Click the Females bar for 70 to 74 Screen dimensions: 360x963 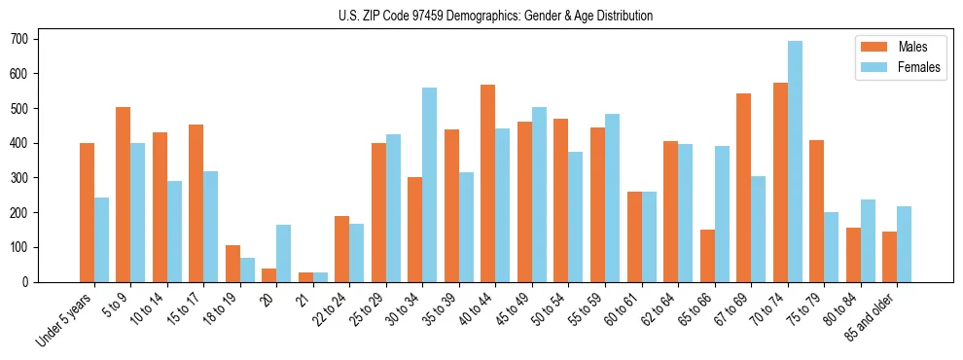(x=795, y=162)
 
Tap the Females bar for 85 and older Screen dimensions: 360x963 (x=904, y=244)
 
